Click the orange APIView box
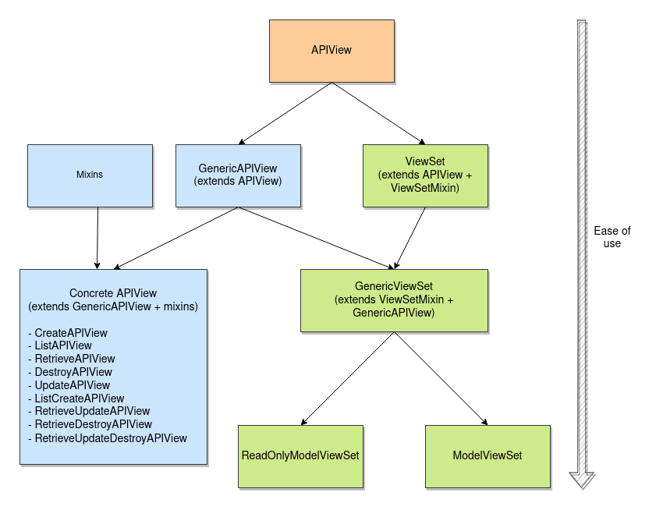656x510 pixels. pyautogui.click(x=332, y=51)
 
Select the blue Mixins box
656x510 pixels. pyautogui.click(x=90, y=175)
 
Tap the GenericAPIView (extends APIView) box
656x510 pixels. pyautogui.click(x=238, y=175)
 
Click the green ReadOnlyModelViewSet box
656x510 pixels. pyautogui.click(x=300, y=455)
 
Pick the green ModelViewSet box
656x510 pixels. pyautogui.click(x=488, y=455)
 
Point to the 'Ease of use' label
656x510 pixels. pyautogui.click(x=612, y=237)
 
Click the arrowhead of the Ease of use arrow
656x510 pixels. pyautogui.click(x=582, y=479)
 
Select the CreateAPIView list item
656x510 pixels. pyautogui.click(x=71, y=333)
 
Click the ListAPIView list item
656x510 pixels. pyautogui.click(x=63, y=345)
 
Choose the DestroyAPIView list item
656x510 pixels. pyautogui.click(x=73, y=372)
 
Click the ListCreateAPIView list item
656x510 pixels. pyautogui.click(x=79, y=398)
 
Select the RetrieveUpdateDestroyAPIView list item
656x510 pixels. pyautogui.click(x=110, y=438)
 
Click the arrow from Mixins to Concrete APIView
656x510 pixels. pyautogui.click(x=97, y=238)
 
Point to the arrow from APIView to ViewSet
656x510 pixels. pyautogui.click(x=367, y=113)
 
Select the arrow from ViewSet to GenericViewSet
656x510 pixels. pyautogui.click(x=410, y=238)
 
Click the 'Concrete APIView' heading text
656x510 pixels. pyautogui.click(x=113, y=293)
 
